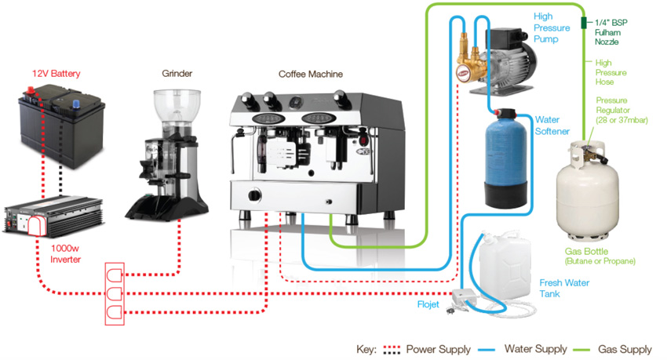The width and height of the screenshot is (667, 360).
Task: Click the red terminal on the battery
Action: (x=31, y=90)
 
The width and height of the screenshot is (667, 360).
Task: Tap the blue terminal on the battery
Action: (x=77, y=104)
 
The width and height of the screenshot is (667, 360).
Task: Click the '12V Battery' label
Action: (x=56, y=74)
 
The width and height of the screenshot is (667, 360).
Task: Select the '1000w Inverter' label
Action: (x=65, y=254)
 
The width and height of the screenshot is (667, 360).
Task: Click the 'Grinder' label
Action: (x=177, y=74)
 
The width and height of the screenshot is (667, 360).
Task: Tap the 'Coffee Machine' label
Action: (x=311, y=74)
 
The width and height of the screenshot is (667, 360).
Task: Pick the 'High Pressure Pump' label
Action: (x=552, y=27)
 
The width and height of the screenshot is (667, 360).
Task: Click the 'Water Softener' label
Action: (x=552, y=125)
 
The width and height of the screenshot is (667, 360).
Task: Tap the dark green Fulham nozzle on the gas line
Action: (x=584, y=23)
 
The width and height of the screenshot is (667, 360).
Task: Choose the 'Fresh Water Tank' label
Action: (x=564, y=288)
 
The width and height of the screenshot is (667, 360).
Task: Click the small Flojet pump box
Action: (x=463, y=296)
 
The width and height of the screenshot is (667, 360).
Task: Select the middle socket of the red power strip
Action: (x=114, y=293)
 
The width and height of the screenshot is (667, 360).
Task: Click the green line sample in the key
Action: (x=581, y=350)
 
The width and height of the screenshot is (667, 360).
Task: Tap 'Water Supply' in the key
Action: (x=535, y=349)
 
